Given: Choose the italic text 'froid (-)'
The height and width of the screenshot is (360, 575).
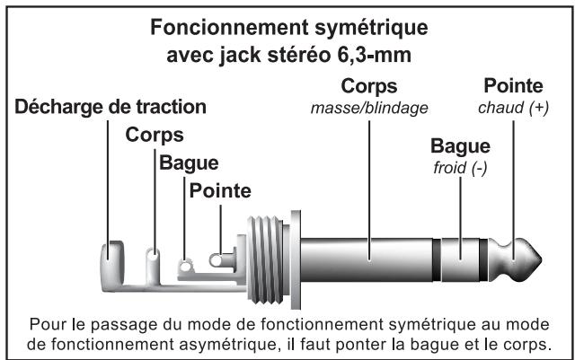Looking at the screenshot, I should pyautogui.click(x=459, y=168).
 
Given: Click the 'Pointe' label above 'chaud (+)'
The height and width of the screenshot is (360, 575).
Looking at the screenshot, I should pyautogui.click(x=512, y=88).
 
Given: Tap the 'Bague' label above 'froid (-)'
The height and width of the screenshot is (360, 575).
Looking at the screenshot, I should pyautogui.click(x=459, y=146).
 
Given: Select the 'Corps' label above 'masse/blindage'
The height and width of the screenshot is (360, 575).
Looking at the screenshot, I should pyautogui.click(x=368, y=88).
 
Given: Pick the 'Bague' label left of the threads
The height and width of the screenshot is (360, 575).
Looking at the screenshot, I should pyautogui.click(x=189, y=164).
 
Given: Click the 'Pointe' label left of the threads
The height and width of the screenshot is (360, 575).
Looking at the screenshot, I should pyautogui.click(x=220, y=191).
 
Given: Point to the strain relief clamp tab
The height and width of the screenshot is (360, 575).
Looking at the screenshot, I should pyautogui.click(x=111, y=251).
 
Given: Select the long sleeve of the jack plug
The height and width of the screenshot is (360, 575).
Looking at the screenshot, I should pyautogui.click(x=364, y=261).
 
